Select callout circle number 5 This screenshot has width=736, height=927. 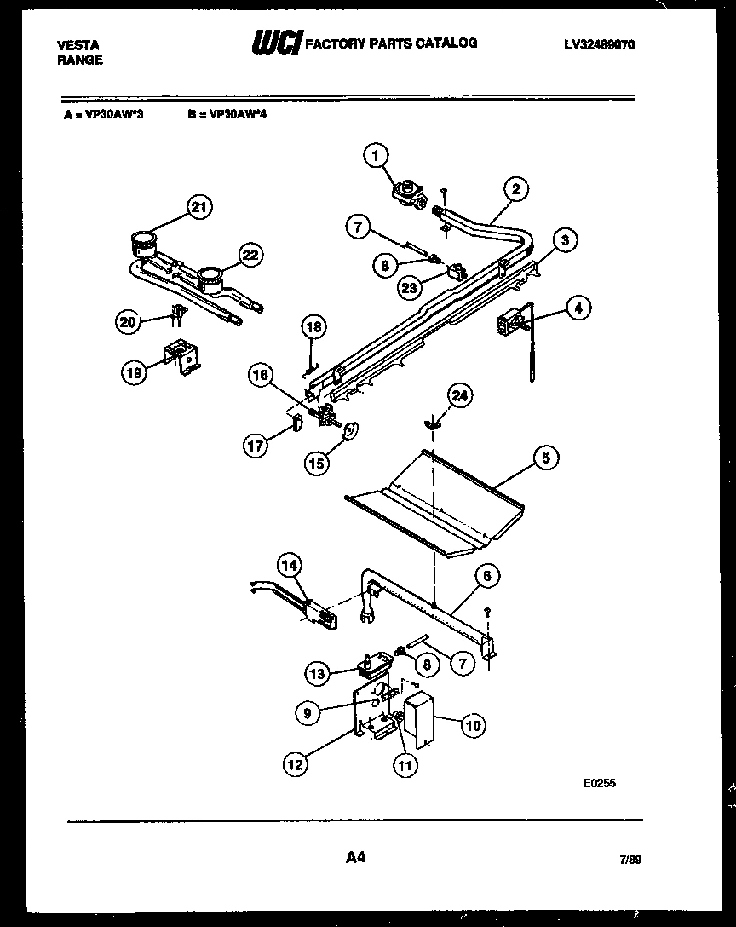coord(546,458)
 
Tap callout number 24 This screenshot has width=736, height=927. coord(459,395)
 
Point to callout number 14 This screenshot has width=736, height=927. coord(289,562)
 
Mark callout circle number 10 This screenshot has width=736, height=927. coord(473,725)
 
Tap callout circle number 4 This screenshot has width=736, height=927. coord(577,308)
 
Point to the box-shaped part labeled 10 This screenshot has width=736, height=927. coord(418,717)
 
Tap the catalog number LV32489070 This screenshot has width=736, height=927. coord(601,43)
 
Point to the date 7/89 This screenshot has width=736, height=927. coord(630,862)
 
